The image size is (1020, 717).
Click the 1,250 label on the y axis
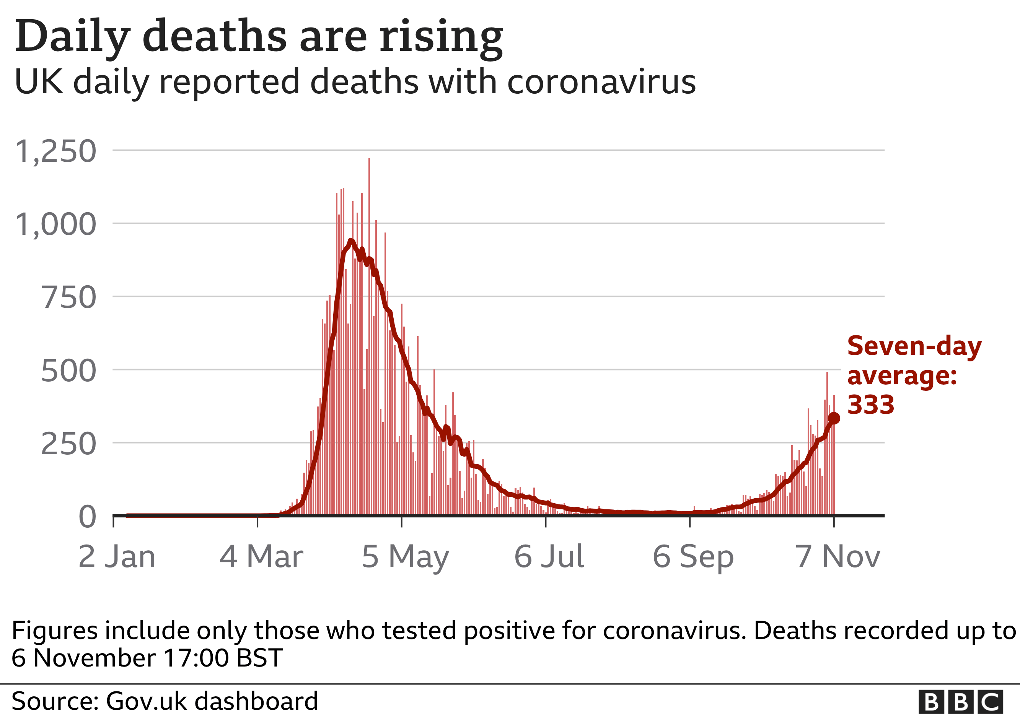pos(55,151)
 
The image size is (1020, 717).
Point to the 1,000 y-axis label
pos(55,224)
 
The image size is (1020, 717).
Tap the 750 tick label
pos(68,298)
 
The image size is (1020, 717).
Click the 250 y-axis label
pos(68,444)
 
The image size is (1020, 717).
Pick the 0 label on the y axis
pos(87,517)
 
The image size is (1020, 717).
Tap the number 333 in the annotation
pos(870,405)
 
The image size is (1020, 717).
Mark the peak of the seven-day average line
pos(351,241)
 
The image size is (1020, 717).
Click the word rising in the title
pos(441,36)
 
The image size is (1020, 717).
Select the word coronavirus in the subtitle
pos(601,82)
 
